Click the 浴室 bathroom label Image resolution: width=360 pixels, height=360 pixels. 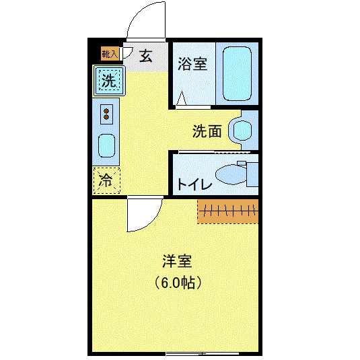click(x=192, y=65)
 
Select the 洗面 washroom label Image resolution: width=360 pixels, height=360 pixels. click(x=207, y=131)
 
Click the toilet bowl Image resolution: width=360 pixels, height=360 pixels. click(x=229, y=174)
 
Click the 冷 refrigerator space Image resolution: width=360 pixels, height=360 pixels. click(x=106, y=180)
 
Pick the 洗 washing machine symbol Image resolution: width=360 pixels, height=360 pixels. click(x=108, y=81)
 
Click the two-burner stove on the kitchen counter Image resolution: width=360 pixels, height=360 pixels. click(x=106, y=113)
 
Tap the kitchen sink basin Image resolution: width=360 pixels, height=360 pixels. click(x=106, y=145)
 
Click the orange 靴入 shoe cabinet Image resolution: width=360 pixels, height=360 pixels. click(x=110, y=52)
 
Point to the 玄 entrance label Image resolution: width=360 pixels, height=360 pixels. click(x=146, y=55)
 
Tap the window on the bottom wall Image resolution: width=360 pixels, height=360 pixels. click(x=202, y=353)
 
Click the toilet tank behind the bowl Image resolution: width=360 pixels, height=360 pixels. click(x=252, y=174)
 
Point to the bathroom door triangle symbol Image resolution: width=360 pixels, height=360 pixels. click(x=181, y=100)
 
